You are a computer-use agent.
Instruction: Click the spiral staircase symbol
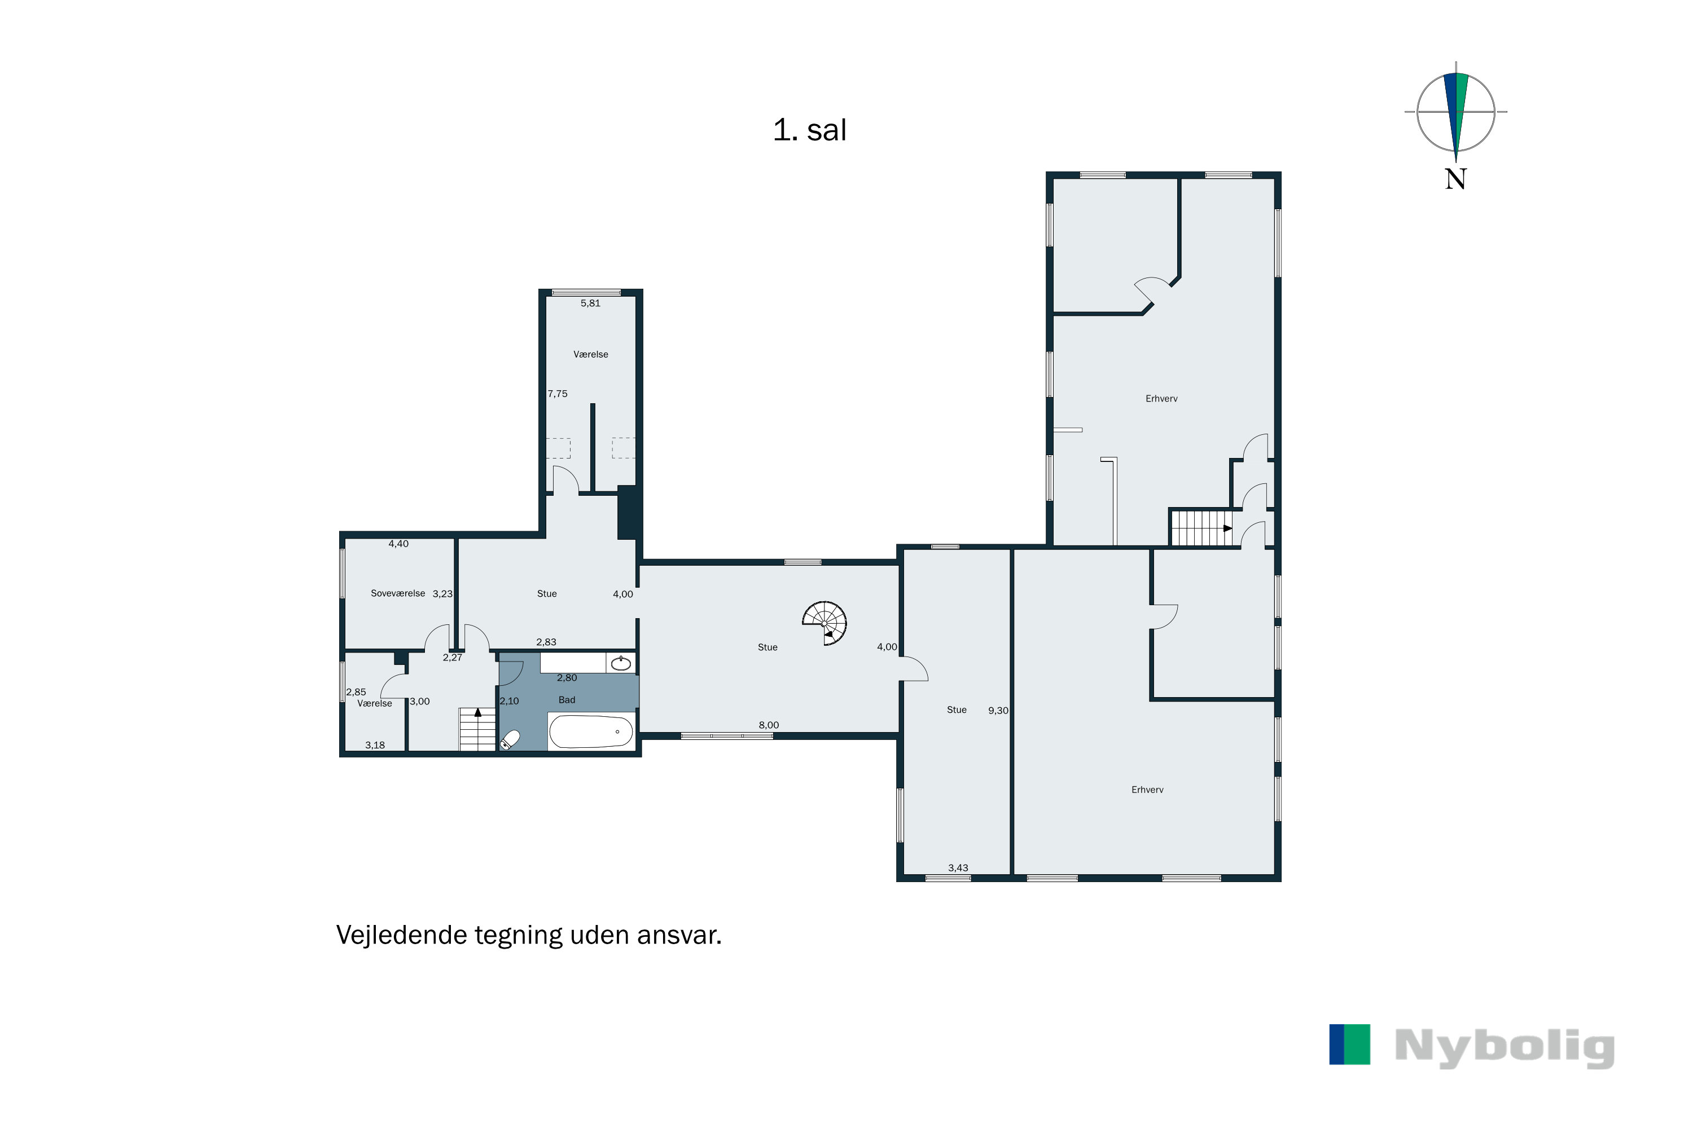tap(825, 623)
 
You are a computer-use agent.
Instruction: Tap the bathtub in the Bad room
tap(591, 732)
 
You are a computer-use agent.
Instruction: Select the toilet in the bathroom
tap(510, 740)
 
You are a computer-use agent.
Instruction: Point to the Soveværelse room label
tap(397, 593)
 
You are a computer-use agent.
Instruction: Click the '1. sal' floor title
tap(809, 130)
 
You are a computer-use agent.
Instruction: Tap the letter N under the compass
tap(1455, 178)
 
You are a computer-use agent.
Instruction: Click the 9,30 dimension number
tap(998, 711)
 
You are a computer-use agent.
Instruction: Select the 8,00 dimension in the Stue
tap(769, 725)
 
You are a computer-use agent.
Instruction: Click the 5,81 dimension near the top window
tap(590, 303)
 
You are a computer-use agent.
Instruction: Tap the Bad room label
tap(567, 700)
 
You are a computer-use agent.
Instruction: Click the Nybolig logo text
tap(1505, 1047)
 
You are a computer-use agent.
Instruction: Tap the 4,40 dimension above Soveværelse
tap(398, 544)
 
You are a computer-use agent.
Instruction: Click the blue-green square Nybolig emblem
tap(1350, 1045)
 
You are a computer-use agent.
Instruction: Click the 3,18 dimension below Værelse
tap(375, 745)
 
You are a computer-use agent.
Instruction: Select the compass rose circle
tap(1455, 112)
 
